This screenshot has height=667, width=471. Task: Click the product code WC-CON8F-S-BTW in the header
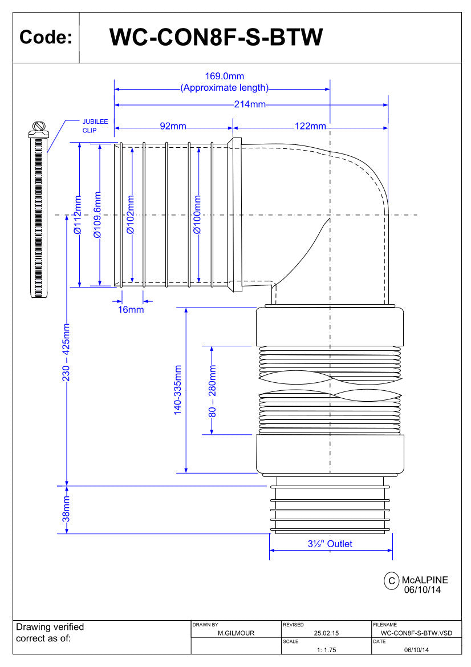point(216,38)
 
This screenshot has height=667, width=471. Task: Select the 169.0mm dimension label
point(224,76)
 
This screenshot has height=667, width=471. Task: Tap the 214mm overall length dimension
point(250,104)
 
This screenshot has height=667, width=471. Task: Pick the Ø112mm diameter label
point(79,215)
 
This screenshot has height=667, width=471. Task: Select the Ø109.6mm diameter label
point(98,215)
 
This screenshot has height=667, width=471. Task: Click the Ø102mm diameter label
point(131,215)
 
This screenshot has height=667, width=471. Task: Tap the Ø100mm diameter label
point(197,215)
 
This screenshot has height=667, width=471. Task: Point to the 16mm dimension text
point(131,310)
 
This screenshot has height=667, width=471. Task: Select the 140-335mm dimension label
point(177,390)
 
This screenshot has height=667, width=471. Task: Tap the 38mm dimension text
point(66,510)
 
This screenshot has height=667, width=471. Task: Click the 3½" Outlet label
point(330,544)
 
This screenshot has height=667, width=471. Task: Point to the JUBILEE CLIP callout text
point(95,126)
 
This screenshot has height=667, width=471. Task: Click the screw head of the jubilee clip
point(39,127)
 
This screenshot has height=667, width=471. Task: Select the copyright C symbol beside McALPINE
point(392,581)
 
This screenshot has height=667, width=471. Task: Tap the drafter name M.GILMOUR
point(236,633)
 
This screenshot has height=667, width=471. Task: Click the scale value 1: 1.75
point(326,650)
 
